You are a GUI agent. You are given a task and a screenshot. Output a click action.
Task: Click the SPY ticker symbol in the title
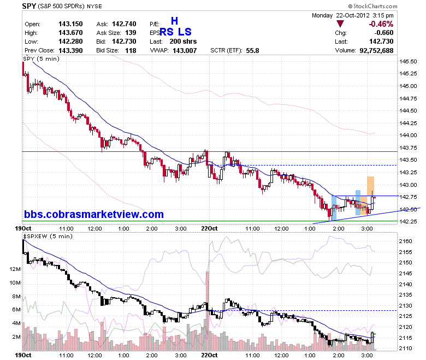pos(29,6)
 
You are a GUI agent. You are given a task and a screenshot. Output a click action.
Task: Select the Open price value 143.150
pos(70,24)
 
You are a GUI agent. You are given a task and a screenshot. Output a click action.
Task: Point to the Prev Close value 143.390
pos(70,50)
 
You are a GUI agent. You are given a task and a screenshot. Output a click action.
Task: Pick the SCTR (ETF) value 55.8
pos(252,50)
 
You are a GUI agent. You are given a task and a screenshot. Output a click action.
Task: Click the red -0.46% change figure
pos(381,24)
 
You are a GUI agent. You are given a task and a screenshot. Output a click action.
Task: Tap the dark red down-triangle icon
pos(340,23)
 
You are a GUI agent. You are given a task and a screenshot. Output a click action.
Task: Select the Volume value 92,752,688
pos(376,50)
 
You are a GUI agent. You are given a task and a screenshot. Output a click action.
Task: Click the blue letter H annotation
pos(174,21)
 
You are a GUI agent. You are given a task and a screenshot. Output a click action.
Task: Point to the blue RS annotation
pos(166,32)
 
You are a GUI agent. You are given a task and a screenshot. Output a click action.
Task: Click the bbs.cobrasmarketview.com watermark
pos(94,214)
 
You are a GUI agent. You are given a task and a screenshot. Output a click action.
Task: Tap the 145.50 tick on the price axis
pos(408,61)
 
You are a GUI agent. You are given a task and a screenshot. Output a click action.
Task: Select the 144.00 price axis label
pos(408,135)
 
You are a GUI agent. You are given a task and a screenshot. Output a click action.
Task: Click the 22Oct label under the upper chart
pos(209,228)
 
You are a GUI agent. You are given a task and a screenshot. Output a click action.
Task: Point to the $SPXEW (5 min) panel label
pos(48,236)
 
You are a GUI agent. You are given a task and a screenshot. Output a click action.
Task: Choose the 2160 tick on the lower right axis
pos(405,241)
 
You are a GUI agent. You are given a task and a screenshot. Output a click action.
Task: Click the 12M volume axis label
pos(15,269)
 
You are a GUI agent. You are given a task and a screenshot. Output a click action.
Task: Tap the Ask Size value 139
pos(131,33)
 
